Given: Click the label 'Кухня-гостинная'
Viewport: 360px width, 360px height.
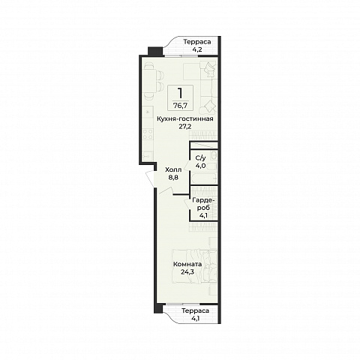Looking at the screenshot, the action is (x=185, y=118).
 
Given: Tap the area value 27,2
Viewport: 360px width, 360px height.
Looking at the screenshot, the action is (x=185, y=127).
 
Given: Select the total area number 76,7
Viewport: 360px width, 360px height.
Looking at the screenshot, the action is (x=180, y=106).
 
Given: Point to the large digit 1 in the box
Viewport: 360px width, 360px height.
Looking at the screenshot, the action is (x=180, y=93).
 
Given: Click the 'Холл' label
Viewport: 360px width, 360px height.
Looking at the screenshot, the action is (x=173, y=170).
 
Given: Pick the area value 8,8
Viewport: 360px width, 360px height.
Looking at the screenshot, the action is (x=173, y=178).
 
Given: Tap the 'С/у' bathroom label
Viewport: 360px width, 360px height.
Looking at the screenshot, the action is (x=200, y=157).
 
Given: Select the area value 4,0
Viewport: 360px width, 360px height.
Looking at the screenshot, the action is (x=200, y=166).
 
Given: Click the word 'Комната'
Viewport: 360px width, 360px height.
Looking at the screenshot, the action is (x=187, y=264).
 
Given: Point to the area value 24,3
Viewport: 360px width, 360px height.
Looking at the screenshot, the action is (x=187, y=271).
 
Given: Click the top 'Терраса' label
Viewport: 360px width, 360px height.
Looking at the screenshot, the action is (x=197, y=42).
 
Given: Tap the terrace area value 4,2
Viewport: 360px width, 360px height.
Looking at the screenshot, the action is (x=197, y=49).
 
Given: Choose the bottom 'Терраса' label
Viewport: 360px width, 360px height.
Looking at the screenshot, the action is (x=195, y=311).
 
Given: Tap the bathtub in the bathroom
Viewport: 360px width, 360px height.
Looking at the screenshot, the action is (x=203, y=178).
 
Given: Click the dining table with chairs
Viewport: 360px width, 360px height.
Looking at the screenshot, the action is (x=153, y=80).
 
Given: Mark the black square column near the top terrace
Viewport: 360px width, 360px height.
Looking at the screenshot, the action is (x=155, y=52).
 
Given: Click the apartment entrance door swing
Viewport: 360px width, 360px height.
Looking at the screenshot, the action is (x=151, y=178).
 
